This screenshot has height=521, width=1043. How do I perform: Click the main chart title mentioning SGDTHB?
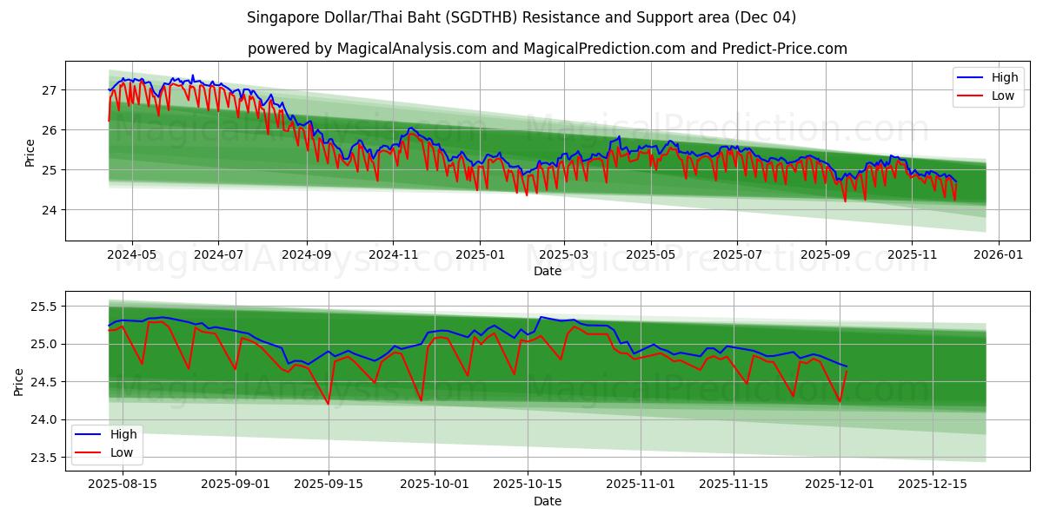coord(521,17)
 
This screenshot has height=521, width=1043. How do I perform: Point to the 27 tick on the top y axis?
coord(49,90)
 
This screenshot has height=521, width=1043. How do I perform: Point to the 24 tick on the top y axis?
coord(49,210)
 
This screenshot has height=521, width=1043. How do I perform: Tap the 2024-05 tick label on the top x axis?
coord(132,254)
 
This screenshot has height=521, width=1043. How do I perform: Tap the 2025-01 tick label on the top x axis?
coord(480,254)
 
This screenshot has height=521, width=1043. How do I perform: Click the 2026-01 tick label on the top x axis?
coord(998,254)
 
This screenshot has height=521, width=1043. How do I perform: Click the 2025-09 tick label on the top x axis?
coord(824,254)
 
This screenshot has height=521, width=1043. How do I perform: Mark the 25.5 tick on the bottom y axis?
coord(43,307)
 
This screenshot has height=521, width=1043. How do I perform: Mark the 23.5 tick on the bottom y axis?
coord(43,458)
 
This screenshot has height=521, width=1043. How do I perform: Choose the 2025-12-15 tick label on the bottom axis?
coord(932,485)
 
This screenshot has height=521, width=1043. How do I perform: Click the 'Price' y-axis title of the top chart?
coord(30,151)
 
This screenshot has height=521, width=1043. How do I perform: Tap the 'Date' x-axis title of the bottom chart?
coord(548,501)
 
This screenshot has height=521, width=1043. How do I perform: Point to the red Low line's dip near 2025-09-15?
coord(329,404)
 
